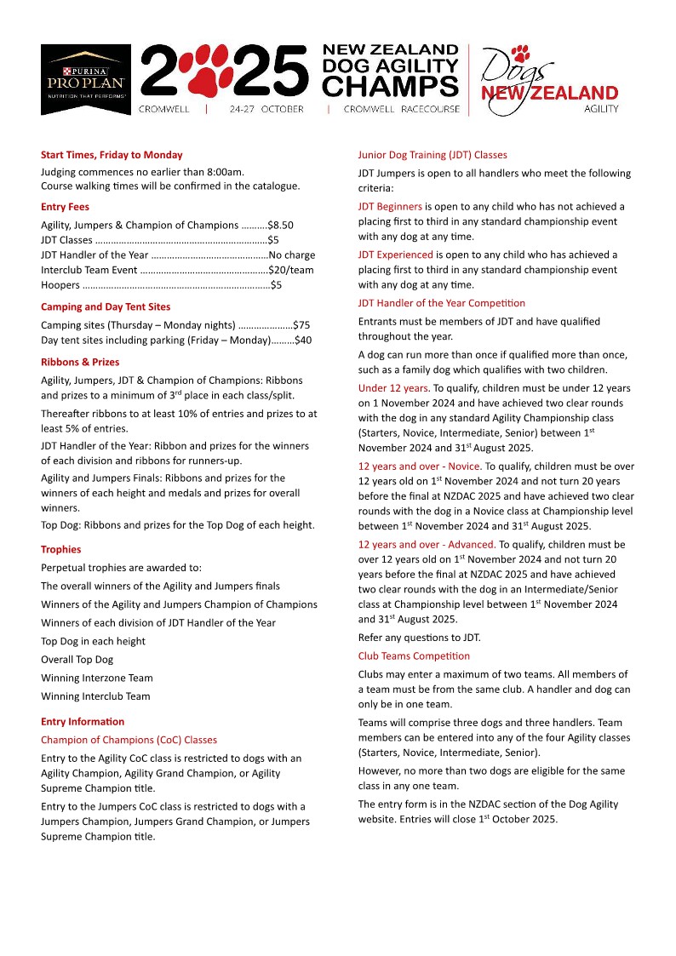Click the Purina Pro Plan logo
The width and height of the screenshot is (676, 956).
click(86, 79)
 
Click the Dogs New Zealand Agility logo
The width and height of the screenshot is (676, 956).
click(551, 79)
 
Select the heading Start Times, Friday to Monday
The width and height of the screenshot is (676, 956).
click(112, 155)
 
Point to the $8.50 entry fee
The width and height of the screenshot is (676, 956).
click(280, 226)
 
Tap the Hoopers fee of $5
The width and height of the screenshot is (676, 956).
click(276, 285)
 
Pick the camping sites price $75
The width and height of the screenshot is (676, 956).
click(301, 325)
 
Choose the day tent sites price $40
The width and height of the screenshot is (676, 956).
click(303, 341)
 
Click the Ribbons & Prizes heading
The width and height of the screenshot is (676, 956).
click(80, 362)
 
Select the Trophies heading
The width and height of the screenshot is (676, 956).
click(61, 549)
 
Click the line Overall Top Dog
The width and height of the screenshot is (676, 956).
click(77, 660)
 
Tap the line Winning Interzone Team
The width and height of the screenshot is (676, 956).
click(97, 678)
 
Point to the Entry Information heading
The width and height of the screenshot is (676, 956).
click(83, 722)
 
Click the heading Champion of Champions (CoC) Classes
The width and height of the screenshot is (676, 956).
click(129, 740)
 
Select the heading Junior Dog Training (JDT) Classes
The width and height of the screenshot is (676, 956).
click(433, 155)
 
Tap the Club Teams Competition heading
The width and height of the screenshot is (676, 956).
click(414, 656)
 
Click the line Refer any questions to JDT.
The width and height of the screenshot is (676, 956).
click(420, 638)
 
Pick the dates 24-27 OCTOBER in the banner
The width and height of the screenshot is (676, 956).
click(266, 110)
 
